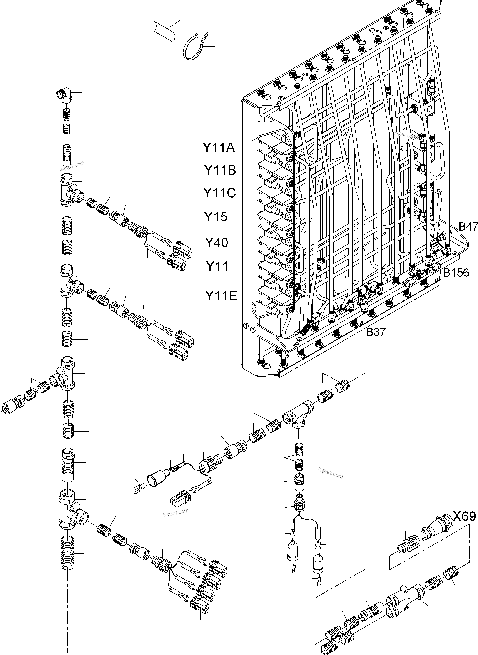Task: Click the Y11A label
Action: [x=219, y=148]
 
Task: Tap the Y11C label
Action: [x=219, y=193]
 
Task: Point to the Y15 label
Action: [x=216, y=217]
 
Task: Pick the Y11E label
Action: [x=221, y=296]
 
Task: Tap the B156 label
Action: [x=456, y=273]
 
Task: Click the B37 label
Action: [x=376, y=332]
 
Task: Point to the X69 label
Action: [x=464, y=516]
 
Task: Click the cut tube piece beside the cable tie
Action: [x=165, y=31]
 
